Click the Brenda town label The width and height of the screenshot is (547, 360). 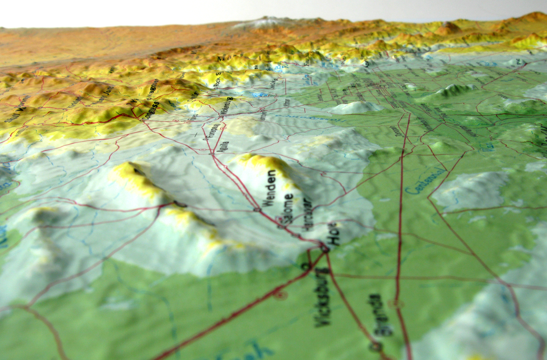[380, 315]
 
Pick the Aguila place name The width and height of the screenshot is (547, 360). [223, 145]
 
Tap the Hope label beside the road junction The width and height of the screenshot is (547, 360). [335, 234]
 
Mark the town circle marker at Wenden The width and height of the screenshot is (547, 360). [257, 209]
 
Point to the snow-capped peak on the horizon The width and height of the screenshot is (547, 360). [265, 22]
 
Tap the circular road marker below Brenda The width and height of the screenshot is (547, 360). [376, 346]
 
